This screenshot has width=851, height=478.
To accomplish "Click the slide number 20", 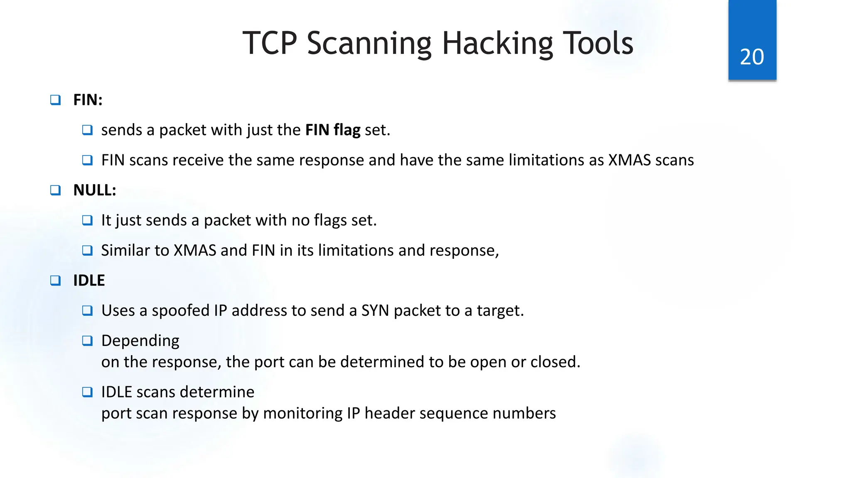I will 752,57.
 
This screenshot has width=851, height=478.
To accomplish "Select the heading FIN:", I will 88,100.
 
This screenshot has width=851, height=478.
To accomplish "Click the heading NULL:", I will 95,190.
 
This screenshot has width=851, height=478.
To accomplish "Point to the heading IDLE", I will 89,280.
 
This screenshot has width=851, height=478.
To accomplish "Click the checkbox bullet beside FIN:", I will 55,100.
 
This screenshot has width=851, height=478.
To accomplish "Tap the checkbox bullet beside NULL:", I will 55,190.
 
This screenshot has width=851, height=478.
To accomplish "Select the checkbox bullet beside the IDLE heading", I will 55,280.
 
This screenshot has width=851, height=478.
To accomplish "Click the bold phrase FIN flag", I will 332,130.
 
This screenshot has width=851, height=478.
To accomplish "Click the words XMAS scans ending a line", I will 651,161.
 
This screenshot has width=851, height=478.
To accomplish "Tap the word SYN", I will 375,311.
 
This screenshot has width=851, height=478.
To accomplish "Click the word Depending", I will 140,341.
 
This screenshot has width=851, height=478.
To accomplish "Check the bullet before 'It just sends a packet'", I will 87,220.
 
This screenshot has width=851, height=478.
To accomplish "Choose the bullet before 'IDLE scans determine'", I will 87,392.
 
